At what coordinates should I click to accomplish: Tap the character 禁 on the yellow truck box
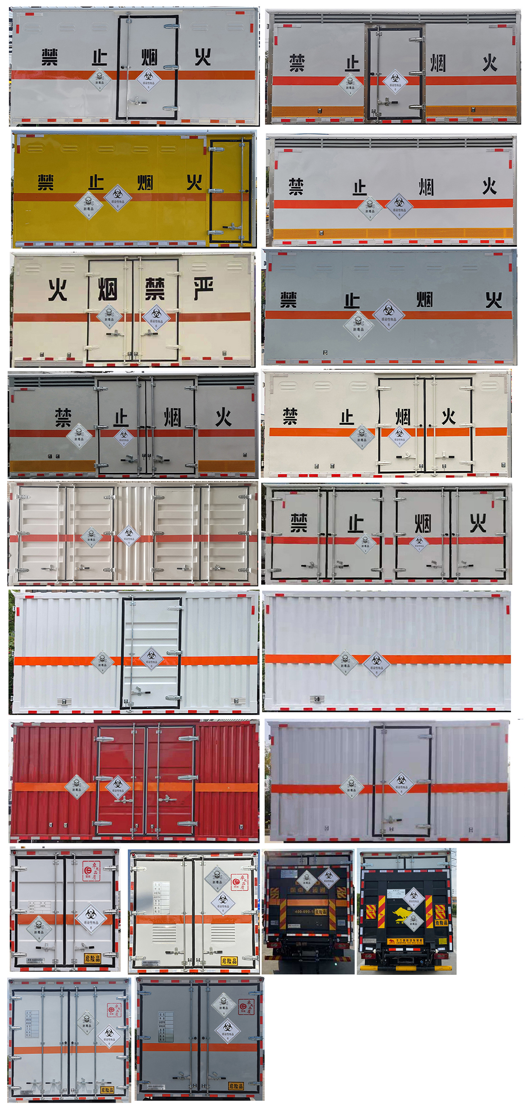(x=46, y=182)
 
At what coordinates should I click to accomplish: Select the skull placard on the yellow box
(x=88, y=205)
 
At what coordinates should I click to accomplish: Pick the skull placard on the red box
(x=77, y=787)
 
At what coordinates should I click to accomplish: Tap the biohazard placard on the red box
(x=118, y=787)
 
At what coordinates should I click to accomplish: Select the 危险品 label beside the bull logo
(x=441, y=922)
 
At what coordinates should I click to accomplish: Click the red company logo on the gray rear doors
(x=246, y=1006)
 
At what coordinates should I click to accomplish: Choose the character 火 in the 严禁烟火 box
(x=58, y=289)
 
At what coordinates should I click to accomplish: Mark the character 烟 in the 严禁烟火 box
(x=107, y=289)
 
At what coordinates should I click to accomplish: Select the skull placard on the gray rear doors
(x=224, y=1005)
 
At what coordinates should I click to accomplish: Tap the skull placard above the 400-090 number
(x=307, y=880)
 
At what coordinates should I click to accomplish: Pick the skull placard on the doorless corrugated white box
(x=345, y=662)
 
